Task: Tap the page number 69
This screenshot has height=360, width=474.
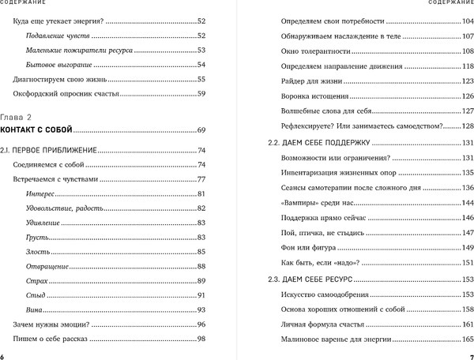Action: point(201,129)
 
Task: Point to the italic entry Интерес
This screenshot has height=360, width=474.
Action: point(40,193)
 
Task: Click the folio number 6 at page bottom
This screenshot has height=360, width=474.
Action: point(4,354)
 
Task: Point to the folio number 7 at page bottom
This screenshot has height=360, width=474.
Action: point(469,354)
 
